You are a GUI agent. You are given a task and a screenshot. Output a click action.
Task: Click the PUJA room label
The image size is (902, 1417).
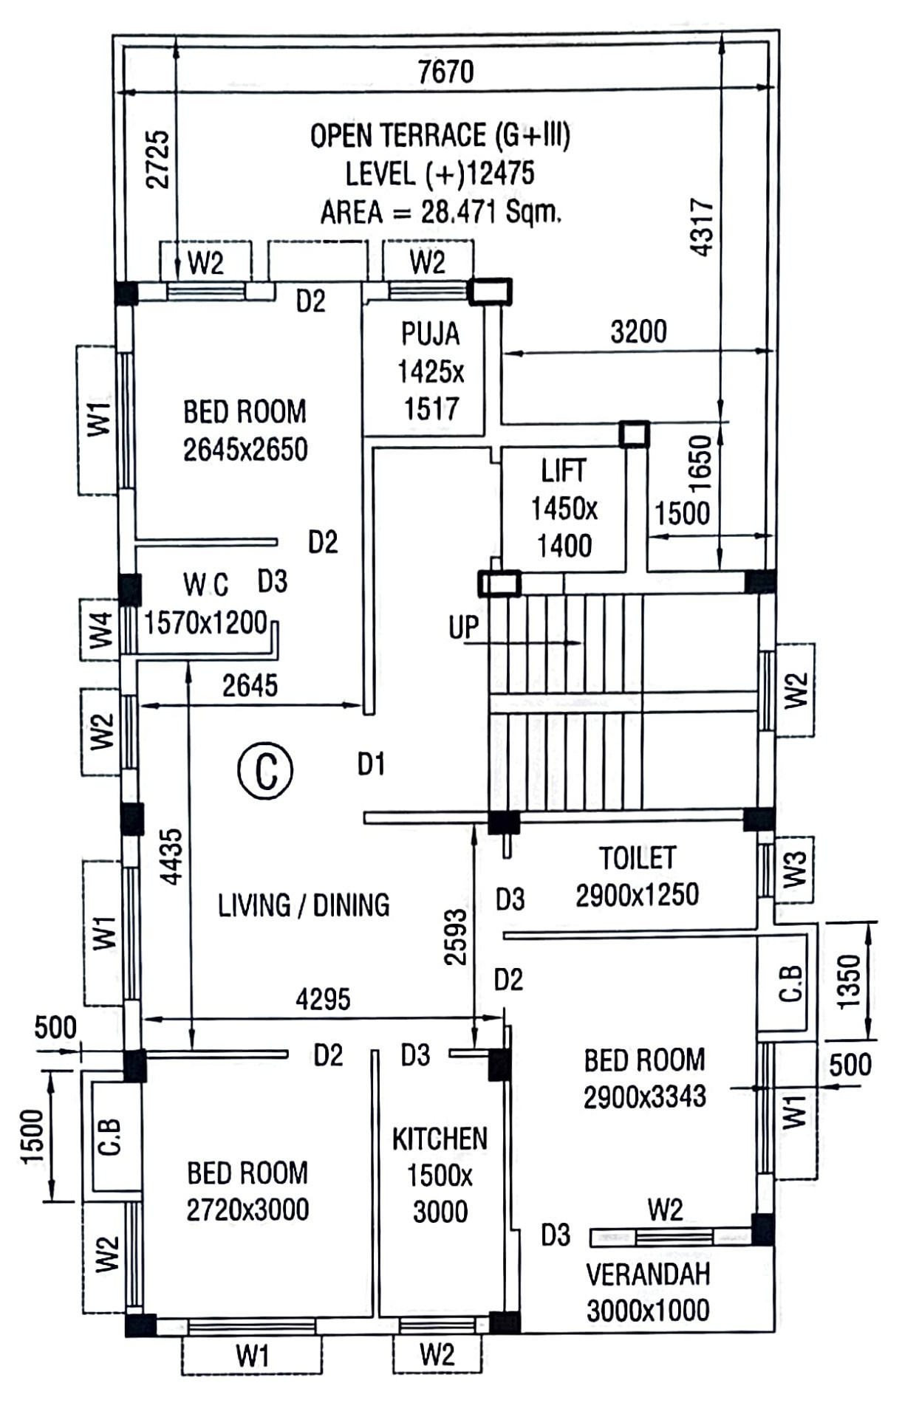[431, 334]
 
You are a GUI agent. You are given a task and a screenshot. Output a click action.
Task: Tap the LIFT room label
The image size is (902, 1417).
[564, 470]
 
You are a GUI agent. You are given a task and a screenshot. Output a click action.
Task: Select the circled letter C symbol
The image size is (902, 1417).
[265, 770]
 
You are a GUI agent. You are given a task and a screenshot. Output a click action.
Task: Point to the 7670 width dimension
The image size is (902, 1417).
[445, 72]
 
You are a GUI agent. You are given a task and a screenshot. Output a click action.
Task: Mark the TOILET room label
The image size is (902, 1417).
[637, 858]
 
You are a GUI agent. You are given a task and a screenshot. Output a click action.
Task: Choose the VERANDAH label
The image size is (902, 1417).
[648, 1274]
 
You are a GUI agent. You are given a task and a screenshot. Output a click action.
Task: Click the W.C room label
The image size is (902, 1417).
[206, 585]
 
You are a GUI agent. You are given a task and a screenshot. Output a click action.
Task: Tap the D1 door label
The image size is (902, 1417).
[371, 765]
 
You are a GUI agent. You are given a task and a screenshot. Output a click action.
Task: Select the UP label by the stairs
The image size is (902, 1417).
[463, 628]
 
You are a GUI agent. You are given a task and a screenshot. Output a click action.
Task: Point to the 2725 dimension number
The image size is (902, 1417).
[158, 159]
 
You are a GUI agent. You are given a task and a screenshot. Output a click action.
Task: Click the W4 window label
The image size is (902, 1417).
[101, 630]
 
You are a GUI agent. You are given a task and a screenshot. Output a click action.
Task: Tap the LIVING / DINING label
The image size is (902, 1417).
[304, 905]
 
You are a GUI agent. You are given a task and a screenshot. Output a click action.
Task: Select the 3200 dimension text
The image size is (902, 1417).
[638, 332]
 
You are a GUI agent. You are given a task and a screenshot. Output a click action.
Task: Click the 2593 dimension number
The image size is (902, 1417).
[456, 937]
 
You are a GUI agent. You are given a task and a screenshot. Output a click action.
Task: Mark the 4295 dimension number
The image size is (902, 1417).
[323, 999]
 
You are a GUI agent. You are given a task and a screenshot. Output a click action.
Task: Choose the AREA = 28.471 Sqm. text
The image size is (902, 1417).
[440, 213]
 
